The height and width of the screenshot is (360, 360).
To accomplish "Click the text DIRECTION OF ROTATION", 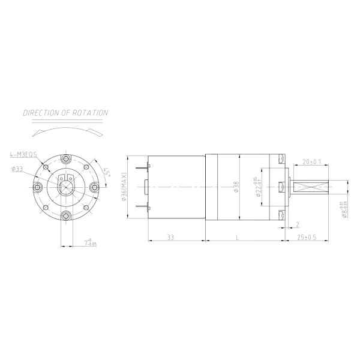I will [x=65, y=112].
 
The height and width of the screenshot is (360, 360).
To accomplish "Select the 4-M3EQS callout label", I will [x=23, y=154].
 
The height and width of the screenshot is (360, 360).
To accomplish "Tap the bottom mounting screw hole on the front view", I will [x=66, y=215].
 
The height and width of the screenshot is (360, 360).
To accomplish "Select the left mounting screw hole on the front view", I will [x=38, y=187].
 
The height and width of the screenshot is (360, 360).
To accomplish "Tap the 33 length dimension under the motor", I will [x=171, y=238].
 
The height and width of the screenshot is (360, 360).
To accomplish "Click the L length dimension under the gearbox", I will [x=239, y=238].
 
